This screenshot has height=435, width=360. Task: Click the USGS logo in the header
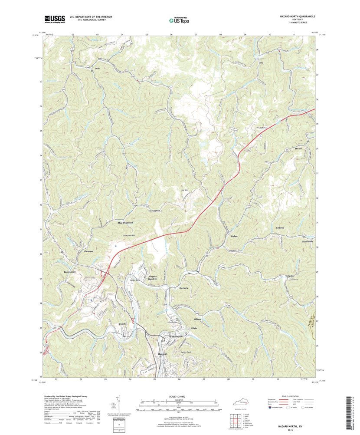pos(54,19)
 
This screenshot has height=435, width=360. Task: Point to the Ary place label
pos(261,63)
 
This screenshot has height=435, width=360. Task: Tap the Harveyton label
pos(154,211)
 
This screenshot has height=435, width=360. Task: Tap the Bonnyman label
pos(67,272)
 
